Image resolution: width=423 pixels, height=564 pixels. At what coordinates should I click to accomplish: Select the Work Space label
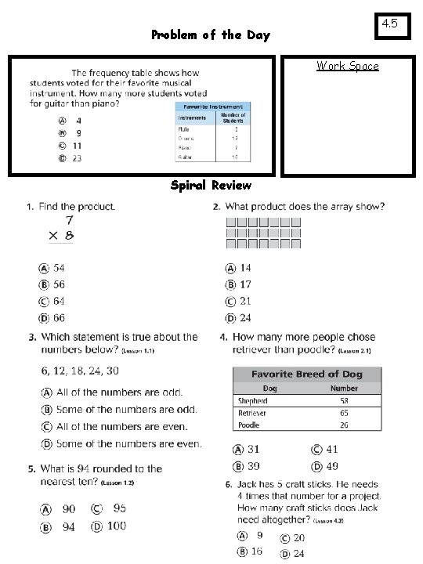tap(347, 66)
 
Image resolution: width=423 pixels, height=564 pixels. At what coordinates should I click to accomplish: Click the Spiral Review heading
tap(211, 186)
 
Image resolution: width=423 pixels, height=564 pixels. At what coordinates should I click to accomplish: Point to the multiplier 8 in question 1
tap(70, 235)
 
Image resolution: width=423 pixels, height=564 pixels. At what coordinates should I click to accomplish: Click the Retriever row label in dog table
tap(252, 413)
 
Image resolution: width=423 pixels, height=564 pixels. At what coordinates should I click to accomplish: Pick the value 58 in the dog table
tap(344, 400)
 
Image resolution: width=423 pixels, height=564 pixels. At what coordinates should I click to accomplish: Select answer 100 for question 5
tap(115, 526)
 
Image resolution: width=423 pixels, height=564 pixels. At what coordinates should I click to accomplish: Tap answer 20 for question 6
tap(298, 538)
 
